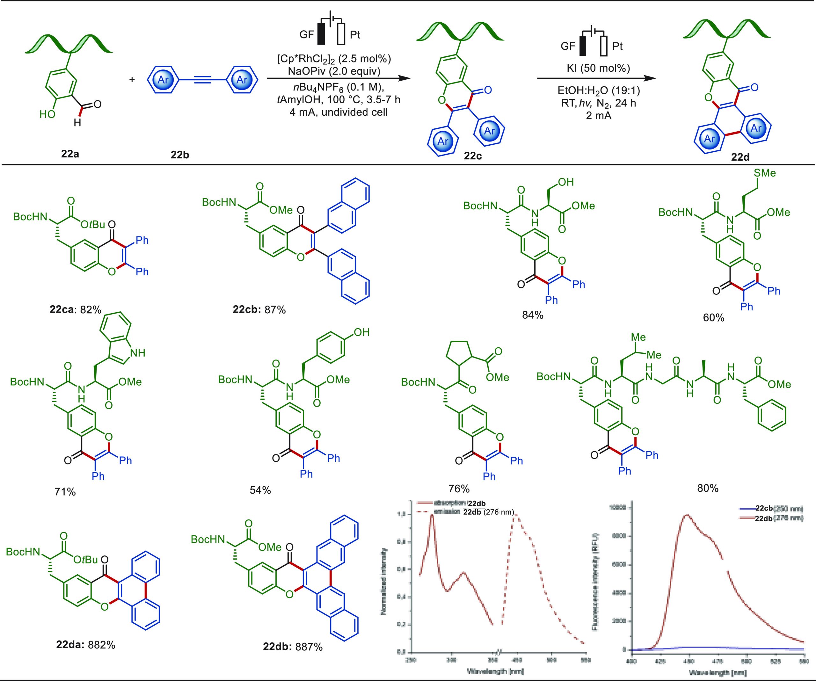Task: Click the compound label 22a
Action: (70, 154)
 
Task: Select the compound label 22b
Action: (180, 155)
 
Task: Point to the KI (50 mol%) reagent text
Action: (598, 69)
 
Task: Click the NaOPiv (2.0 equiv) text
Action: (334, 71)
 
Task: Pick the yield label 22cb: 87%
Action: (259, 310)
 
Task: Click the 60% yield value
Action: (714, 318)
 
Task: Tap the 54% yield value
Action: (260, 490)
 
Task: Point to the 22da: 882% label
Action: (85, 645)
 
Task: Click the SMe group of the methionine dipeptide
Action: (765, 172)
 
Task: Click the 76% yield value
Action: (459, 488)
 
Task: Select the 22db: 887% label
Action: (293, 647)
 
